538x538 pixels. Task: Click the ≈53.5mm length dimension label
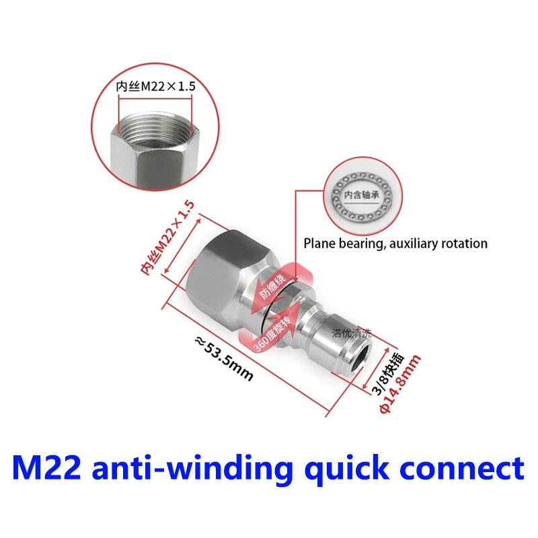click(224, 359)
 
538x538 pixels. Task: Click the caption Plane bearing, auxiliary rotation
click(395, 243)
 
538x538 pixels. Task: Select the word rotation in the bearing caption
click(463, 243)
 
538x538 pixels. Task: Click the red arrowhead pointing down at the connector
click(295, 276)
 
